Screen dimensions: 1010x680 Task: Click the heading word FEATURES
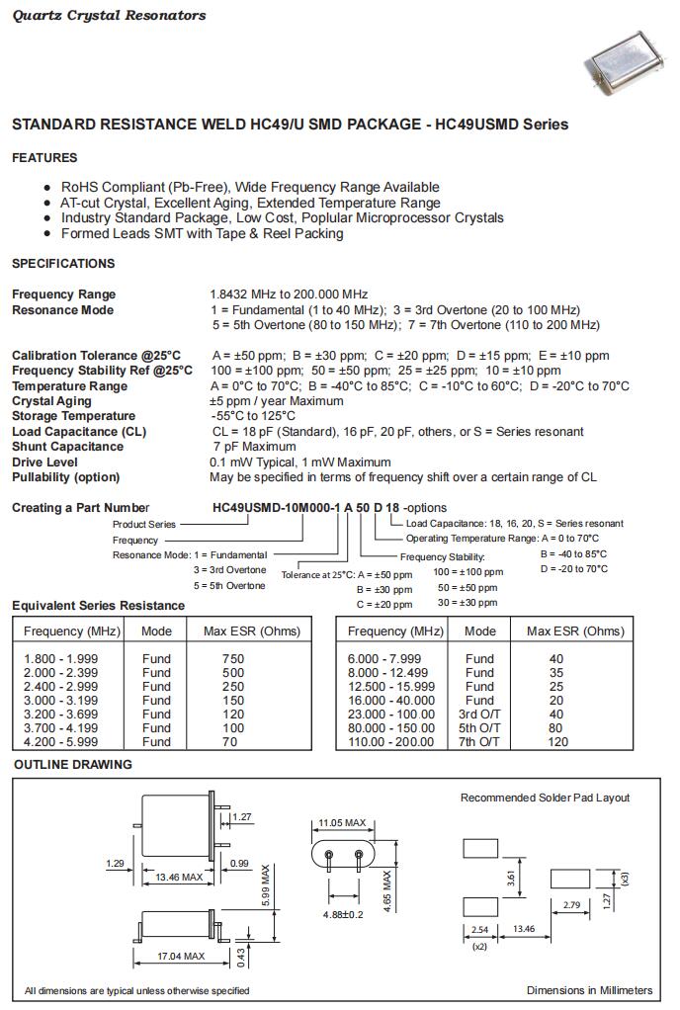point(44,158)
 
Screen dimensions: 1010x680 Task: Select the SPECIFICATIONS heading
point(63,264)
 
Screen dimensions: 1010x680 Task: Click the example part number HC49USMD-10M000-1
point(277,508)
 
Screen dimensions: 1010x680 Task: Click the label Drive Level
point(45,462)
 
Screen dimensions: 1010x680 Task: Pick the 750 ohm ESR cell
point(232,659)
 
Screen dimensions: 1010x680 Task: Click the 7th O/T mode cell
point(480,741)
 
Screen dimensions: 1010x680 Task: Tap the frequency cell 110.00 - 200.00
point(391,741)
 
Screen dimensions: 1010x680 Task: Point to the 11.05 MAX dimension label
point(342,822)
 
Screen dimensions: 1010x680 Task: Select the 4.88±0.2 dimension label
point(343,915)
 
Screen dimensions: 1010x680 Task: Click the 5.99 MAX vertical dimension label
point(265,886)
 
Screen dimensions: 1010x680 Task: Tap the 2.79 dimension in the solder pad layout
point(571,905)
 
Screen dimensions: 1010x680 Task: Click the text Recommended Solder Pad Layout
point(545,798)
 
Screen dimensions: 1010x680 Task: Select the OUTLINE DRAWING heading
point(73,765)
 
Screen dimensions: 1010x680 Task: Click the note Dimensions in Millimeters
point(589,990)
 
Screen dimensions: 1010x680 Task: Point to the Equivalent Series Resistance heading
point(98,606)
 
